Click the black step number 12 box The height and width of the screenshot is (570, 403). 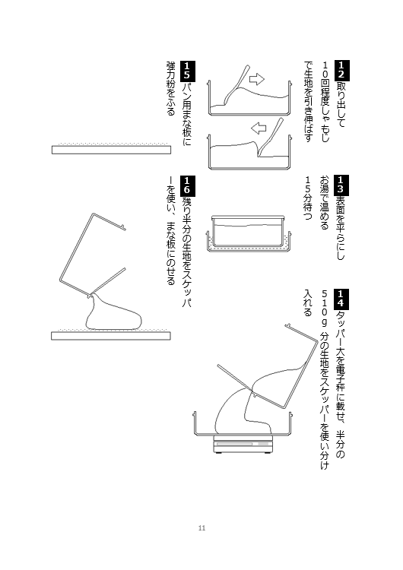[x=341, y=71]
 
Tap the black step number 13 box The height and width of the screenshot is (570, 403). [x=341, y=185]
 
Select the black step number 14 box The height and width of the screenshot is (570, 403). [x=341, y=299]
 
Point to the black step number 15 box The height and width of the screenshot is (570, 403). [x=187, y=71]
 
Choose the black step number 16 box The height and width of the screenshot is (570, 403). [x=187, y=185]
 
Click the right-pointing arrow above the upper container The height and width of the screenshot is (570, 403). [x=257, y=79]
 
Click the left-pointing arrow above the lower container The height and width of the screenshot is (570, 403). [x=259, y=128]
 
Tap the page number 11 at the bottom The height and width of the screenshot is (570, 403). [x=201, y=528]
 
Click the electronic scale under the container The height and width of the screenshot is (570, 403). [x=243, y=444]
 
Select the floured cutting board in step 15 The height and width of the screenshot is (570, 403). [x=111, y=149]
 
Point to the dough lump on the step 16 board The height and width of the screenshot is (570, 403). [x=113, y=315]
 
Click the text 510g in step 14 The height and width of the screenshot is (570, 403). [x=325, y=309]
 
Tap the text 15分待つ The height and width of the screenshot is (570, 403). [x=308, y=198]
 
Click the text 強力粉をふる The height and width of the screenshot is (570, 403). [x=171, y=88]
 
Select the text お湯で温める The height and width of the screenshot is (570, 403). [x=325, y=203]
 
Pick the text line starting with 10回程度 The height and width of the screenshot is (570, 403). [x=325, y=102]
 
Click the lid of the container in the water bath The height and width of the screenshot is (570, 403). [x=248, y=217]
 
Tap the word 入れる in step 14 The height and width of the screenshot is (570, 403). [x=308, y=302]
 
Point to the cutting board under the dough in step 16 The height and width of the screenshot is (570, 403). [x=111, y=335]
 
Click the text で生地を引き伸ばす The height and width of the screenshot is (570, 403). [x=308, y=101]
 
